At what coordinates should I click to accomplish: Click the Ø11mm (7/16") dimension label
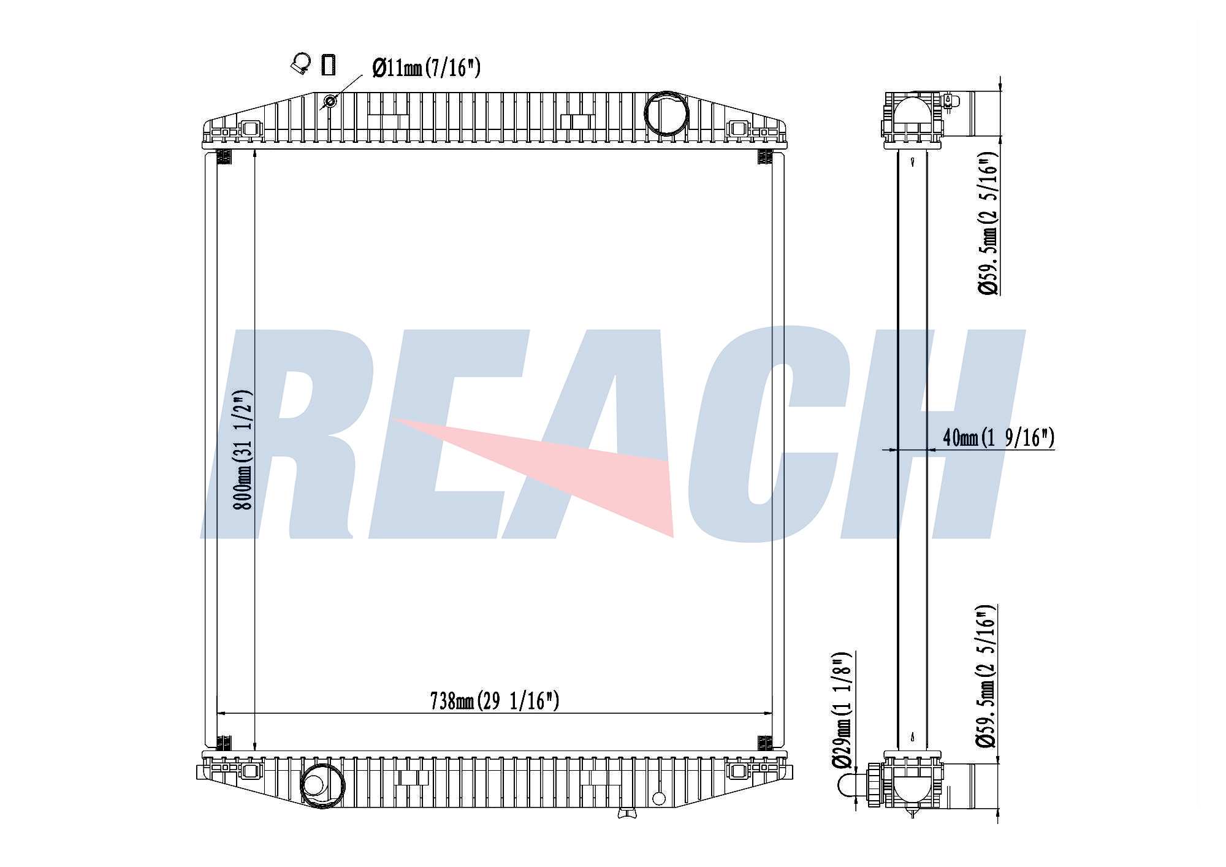(x=426, y=67)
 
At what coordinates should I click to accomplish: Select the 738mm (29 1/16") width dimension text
(x=495, y=700)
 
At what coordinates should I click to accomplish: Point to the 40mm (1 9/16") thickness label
(x=999, y=437)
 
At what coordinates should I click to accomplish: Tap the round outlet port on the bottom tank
(x=322, y=785)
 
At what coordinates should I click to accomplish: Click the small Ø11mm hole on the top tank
(x=330, y=101)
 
